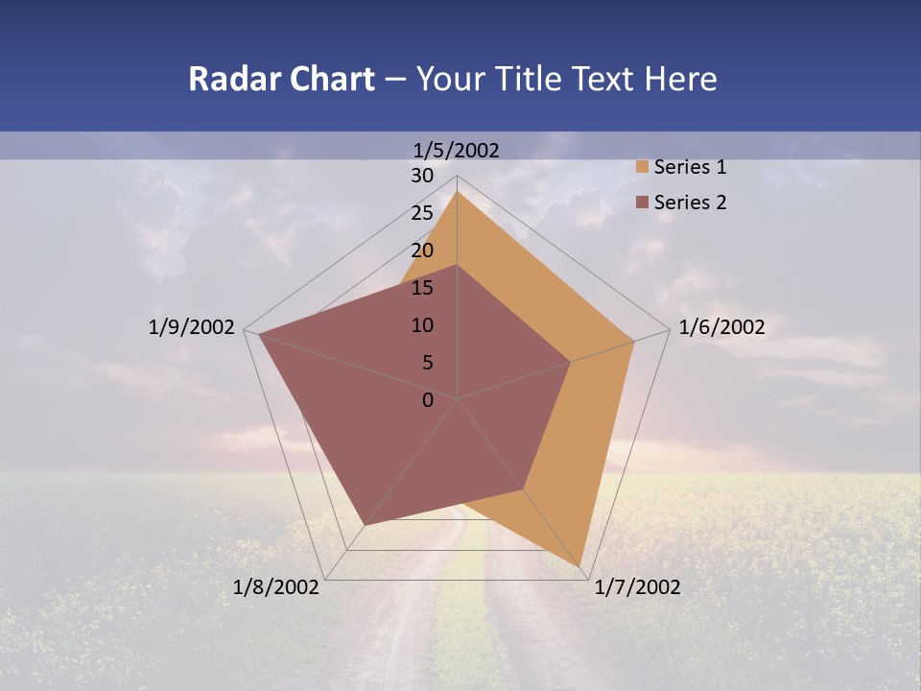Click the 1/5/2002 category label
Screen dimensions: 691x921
pos(457,150)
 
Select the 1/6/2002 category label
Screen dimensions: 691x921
pos(721,327)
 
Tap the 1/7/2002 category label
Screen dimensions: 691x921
pos(637,587)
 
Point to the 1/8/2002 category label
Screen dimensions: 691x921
pos(276,587)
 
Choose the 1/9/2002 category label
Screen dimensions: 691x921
pos(192,327)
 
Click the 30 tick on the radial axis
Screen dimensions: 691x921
pos(422,176)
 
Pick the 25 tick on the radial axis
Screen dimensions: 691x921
pos(422,213)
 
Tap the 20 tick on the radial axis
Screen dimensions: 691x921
pos(422,250)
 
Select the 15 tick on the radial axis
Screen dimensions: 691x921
pos(422,288)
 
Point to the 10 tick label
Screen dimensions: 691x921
pos(422,325)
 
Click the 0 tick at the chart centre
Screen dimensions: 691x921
pos(428,400)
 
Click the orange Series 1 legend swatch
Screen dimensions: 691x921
pos(642,168)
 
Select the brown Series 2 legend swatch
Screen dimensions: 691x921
pos(642,203)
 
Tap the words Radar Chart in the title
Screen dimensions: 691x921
pos(281,79)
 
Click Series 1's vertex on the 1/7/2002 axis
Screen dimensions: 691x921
pos(581,566)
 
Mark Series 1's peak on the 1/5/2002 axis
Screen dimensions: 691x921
pos(457,192)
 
